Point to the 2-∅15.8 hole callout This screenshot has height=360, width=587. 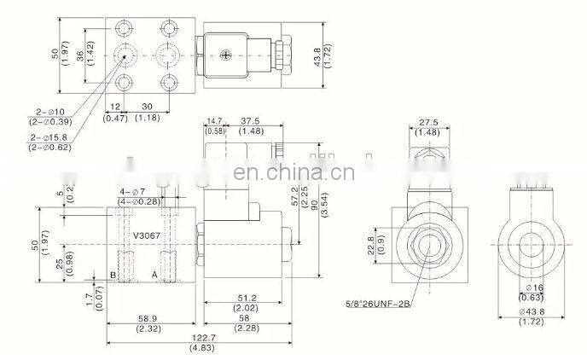point(49,138)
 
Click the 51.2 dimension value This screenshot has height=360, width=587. point(244,298)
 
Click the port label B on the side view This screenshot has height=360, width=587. point(113,275)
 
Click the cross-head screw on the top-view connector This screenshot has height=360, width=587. point(226,56)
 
